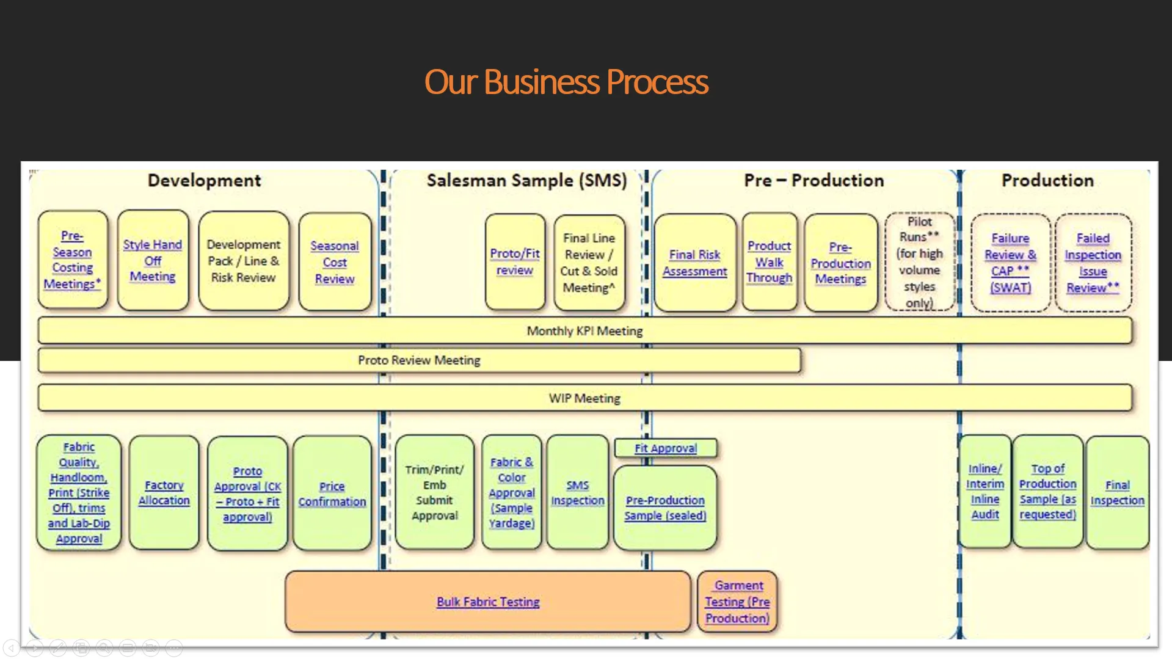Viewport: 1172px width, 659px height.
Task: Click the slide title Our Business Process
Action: pos(566,82)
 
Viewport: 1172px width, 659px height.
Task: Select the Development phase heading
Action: pos(204,181)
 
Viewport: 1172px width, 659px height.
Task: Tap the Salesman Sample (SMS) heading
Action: pos(526,181)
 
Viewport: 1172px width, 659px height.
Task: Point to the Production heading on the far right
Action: pos(1047,181)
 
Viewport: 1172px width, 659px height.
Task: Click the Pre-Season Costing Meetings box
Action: pos(73,260)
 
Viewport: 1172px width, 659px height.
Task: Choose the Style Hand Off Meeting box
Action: pos(153,260)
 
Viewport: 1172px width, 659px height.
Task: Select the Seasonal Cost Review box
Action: pos(335,262)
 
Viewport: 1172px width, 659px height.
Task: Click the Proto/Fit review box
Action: pos(515,262)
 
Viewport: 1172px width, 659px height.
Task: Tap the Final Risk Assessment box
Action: pos(695,263)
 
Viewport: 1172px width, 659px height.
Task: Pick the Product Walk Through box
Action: pos(770,262)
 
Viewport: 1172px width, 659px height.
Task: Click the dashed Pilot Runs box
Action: pos(920,262)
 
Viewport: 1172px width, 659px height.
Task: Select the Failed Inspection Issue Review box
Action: pos(1093,263)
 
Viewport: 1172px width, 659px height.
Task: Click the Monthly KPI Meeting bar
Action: pos(584,331)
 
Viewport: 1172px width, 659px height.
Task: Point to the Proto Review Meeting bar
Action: pos(419,360)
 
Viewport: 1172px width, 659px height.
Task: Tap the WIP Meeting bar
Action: pos(584,398)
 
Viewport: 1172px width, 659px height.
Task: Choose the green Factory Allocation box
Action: pos(164,492)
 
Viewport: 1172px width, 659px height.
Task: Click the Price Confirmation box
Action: pos(332,493)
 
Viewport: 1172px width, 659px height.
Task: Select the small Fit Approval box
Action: pos(666,448)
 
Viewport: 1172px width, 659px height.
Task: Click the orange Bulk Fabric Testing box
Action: pos(488,602)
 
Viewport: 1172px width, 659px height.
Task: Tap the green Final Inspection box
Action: pos(1118,493)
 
